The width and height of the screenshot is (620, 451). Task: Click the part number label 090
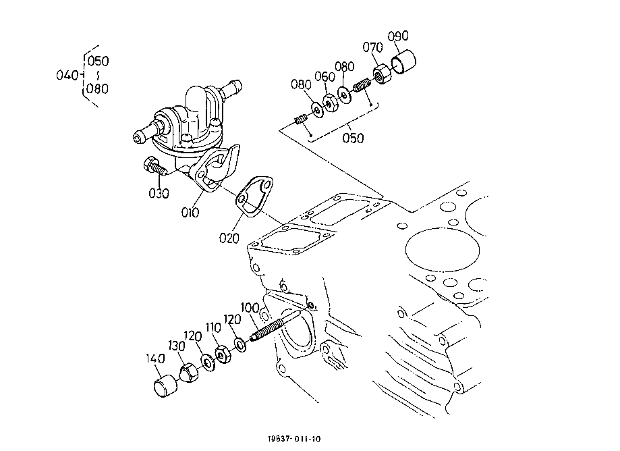point(398,35)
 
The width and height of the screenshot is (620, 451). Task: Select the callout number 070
point(372,47)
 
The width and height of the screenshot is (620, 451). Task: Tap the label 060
point(325,78)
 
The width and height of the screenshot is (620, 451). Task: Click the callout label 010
point(190,212)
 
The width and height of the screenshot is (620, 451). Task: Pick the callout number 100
point(250,308)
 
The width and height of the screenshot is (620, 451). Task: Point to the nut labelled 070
point(381,73)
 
